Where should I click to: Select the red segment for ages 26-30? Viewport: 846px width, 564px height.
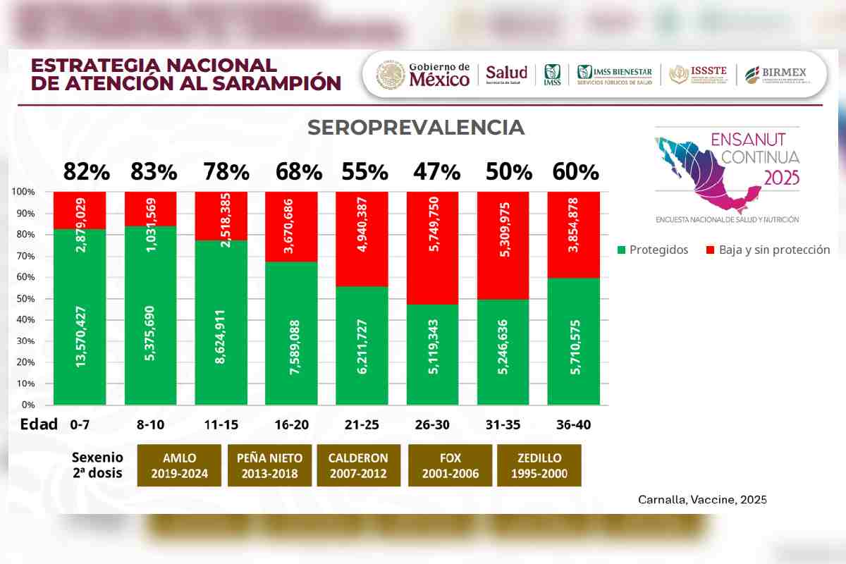433,247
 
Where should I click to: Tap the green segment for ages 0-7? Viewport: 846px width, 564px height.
80,317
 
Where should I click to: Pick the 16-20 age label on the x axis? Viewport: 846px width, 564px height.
291,425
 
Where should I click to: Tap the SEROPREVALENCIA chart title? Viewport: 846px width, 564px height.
416,128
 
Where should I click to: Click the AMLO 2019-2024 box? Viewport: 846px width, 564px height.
179,465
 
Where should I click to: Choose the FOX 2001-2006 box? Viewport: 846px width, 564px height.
450,465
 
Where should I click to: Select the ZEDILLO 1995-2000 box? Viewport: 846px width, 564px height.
539,465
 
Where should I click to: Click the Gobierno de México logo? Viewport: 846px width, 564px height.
423,74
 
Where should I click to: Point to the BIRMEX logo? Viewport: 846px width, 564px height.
775,74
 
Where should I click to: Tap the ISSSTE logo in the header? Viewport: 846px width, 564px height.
698,74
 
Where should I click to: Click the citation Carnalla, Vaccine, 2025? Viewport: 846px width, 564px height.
702,499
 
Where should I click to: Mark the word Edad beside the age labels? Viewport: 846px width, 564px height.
39,425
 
